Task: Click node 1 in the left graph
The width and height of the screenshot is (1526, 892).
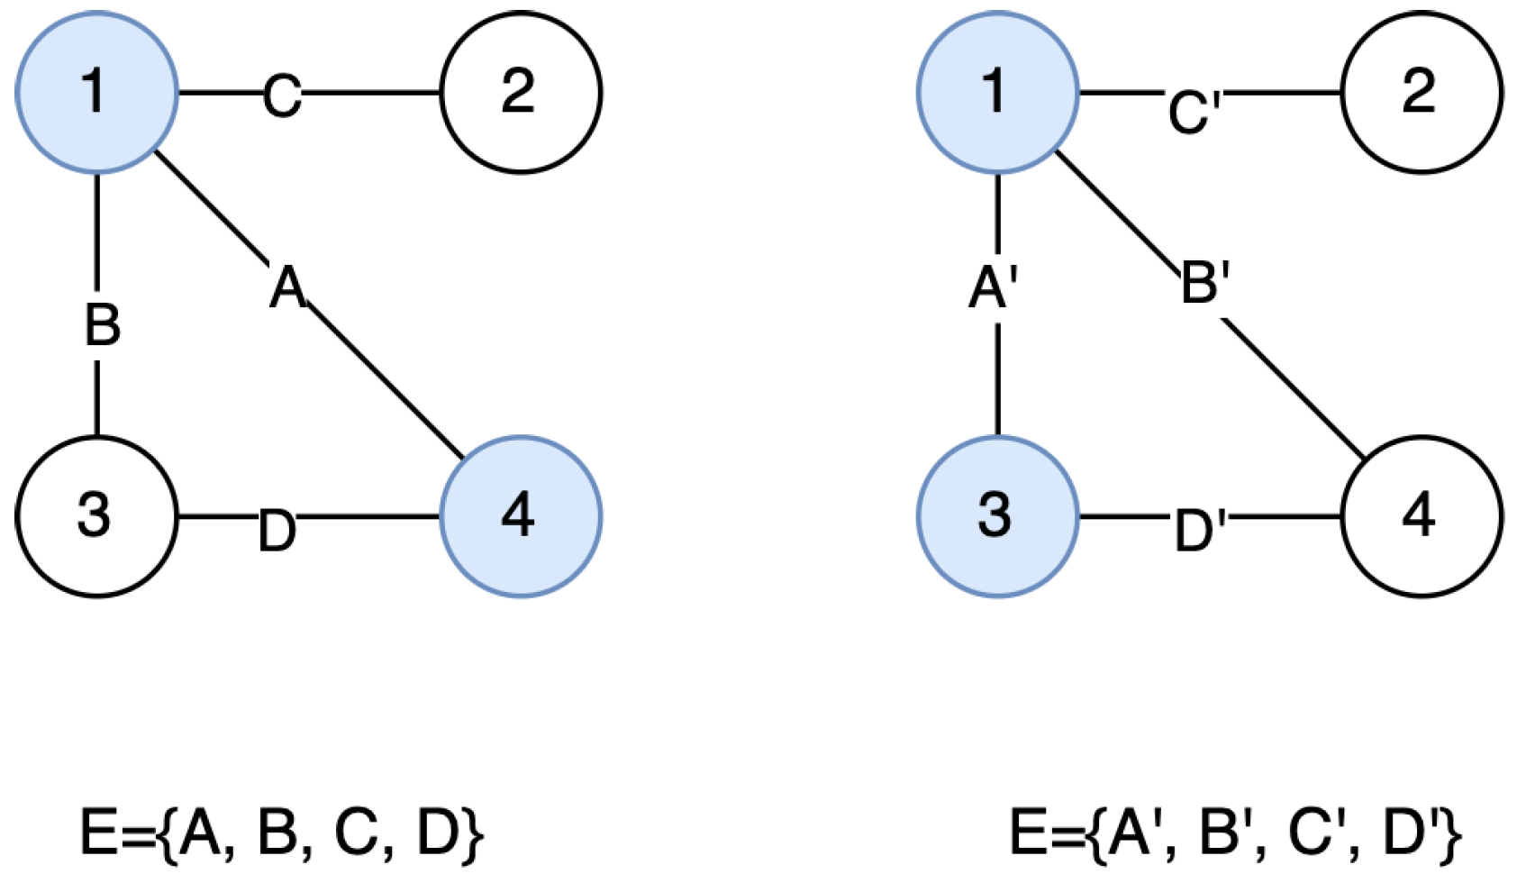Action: point(96,92)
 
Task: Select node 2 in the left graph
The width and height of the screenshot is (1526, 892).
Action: point(521,92)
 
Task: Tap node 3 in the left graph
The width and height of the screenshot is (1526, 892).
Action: point(96,516)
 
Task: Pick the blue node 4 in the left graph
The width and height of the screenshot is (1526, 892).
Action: point(521,516)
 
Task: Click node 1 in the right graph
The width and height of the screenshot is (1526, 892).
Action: point(997,92)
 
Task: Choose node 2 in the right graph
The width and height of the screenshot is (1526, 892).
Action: point(1422,92)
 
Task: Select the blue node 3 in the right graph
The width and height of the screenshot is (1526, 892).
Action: point(997,516)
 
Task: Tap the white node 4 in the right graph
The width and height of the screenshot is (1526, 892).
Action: point(1422,516)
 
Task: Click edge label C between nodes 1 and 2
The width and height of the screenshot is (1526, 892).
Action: point(282,96)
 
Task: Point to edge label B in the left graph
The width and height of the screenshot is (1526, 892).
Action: point(102,324)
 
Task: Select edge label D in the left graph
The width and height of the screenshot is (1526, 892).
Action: point(277,532)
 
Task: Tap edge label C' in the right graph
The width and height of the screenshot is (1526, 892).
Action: point(1194,112)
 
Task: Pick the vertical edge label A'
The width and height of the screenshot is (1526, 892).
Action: point(993,288)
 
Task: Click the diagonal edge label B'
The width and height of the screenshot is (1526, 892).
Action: point(1204,281)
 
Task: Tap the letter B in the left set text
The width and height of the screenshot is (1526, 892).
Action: point(277,833)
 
